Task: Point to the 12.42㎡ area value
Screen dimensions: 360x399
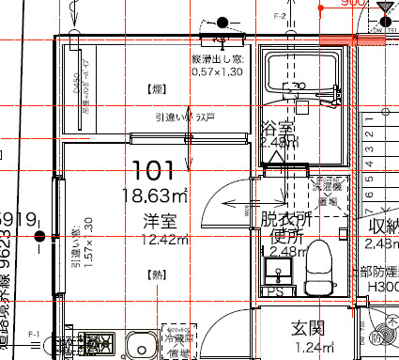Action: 155,241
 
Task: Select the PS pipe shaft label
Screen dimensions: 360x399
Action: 275,292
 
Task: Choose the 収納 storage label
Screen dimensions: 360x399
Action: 384,227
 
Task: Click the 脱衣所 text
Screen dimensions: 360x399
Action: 285,219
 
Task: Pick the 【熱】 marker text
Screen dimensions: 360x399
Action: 155,274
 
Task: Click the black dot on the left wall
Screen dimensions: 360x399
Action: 39,236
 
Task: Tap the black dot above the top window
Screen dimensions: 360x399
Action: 223,22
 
